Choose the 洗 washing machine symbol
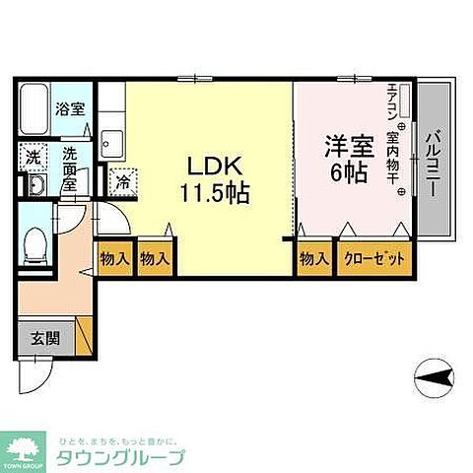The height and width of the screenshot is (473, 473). (x=34, y=157)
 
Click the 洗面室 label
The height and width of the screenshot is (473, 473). (x=71, y=161)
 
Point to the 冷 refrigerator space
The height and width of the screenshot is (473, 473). (x=125, y=181)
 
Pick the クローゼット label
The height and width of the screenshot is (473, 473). (x=374, y=259)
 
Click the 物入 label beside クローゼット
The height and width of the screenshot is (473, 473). (x=313, y=259)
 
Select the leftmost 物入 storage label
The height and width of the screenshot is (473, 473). (x=114, y=259)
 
